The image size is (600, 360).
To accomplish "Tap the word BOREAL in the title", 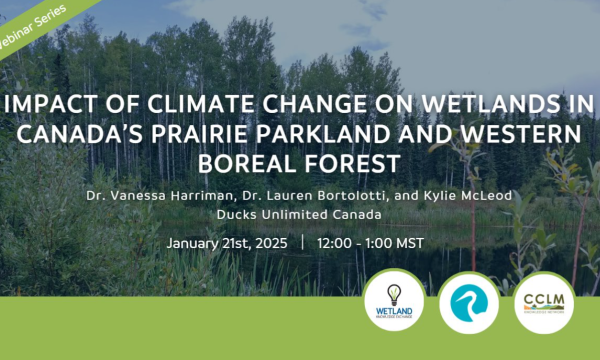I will point(253,161).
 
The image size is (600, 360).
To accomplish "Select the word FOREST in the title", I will point(346,161).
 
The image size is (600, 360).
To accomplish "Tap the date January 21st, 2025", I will point(227,244).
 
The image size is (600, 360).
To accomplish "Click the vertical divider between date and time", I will point(302,244).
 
